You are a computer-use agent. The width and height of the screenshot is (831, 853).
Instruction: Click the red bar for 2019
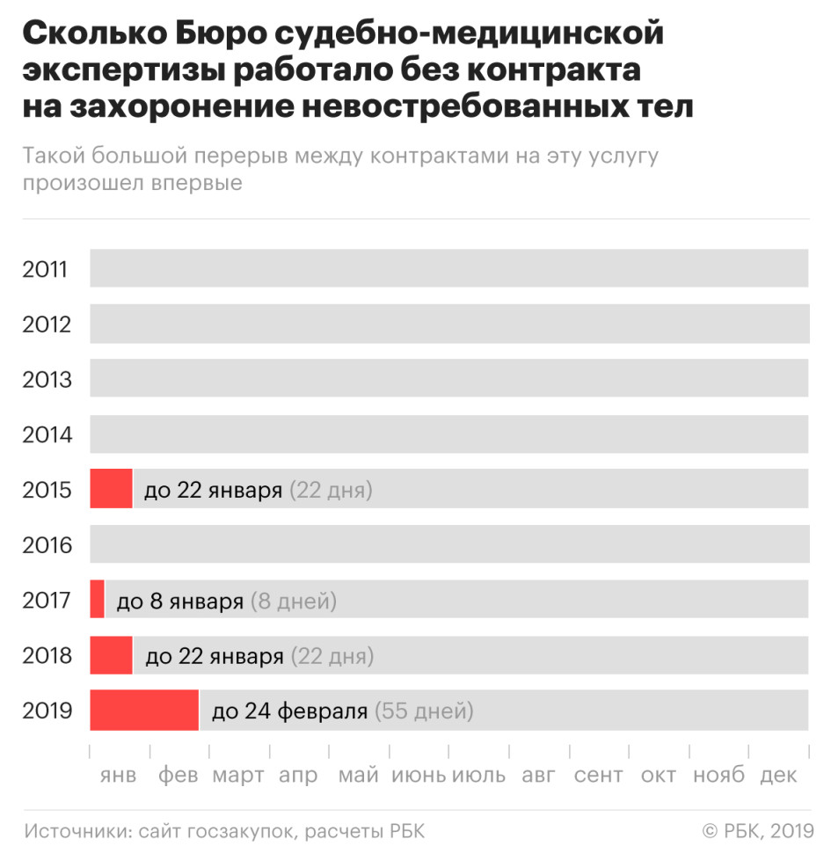144,711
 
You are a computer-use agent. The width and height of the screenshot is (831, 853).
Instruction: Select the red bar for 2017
97,600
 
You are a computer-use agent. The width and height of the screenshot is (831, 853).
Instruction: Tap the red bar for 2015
111,489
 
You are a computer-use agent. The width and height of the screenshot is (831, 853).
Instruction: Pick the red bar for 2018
111,655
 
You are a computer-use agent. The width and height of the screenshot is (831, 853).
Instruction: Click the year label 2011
45,268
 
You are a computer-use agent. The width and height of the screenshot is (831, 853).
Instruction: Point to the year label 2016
45,545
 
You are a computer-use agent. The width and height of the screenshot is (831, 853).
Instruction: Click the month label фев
179,776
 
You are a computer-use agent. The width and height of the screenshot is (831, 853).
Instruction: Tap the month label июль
478,776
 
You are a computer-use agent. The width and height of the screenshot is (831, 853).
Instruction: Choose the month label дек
778,776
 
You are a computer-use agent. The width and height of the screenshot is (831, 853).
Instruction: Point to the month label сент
599,776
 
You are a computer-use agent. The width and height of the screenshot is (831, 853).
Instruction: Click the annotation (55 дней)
424,711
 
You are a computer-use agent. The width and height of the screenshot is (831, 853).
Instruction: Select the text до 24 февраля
289,711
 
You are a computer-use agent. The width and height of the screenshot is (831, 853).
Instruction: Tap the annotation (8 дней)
294,601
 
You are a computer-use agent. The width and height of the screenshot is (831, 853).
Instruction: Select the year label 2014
45,434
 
